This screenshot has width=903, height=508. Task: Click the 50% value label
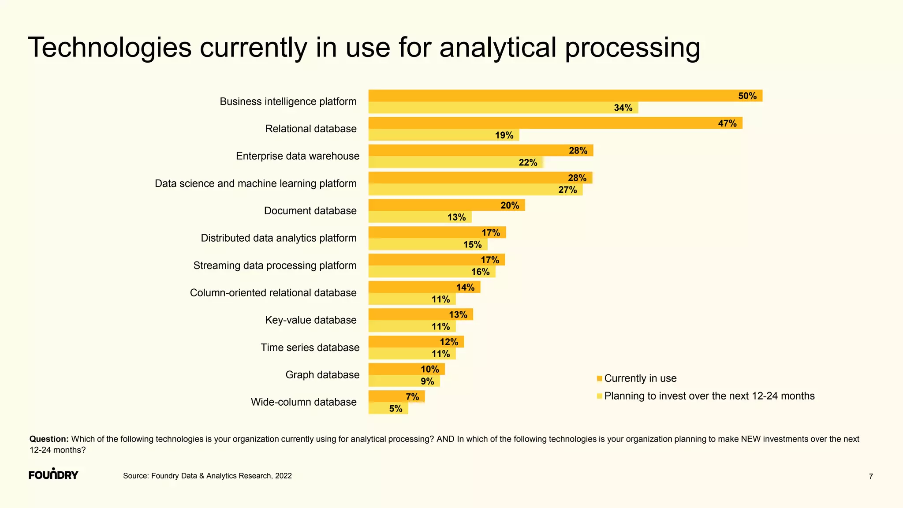(x=747, y=96)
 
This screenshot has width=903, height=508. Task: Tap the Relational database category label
(x=310, y=129)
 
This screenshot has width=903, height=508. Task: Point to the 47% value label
(x=727, y=123)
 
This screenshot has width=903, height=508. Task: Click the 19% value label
(x=504, y=135)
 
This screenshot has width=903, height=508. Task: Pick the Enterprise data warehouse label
(x=297, y=156)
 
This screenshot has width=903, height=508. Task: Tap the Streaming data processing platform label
(x=275, y=265)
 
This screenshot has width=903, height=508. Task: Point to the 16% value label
(x=480, y=272)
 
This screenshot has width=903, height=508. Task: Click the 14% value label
(x=465, y=288)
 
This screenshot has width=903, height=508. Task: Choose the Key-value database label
(x=310, y=320)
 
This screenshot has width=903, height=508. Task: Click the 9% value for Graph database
(x=427, y=381)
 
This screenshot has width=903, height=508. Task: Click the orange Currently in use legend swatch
(x=599, y=379)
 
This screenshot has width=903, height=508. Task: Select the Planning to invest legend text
(x=709, y=396)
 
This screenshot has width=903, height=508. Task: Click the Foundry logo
(x=53, y=474)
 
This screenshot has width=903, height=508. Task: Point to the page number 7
(x=870, y=477)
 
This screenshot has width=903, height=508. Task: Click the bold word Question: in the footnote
(x=49, y=439)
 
